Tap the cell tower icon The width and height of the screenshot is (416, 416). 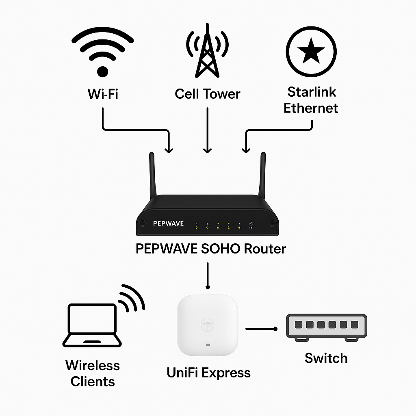click(207, 53)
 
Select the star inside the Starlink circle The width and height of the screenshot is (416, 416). click(311, 52)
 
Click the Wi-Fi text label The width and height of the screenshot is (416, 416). click(103, 94)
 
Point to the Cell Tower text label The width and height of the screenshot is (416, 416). click(207, 94)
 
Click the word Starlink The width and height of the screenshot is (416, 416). click(312, 92)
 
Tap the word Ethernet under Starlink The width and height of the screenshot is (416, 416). click(311, 108)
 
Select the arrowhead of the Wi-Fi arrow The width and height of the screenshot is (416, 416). click(169, 149)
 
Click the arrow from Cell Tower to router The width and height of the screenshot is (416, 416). click(208, 130)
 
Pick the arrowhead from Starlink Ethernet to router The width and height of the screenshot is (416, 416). click(246, 149)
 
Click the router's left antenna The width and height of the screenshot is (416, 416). click(153, 175)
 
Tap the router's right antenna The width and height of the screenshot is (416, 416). click(263, 175)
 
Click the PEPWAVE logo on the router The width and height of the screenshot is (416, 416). click(168, 223)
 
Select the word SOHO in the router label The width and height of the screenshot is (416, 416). click(221, 248)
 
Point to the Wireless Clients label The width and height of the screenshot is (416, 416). click(93, 373)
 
